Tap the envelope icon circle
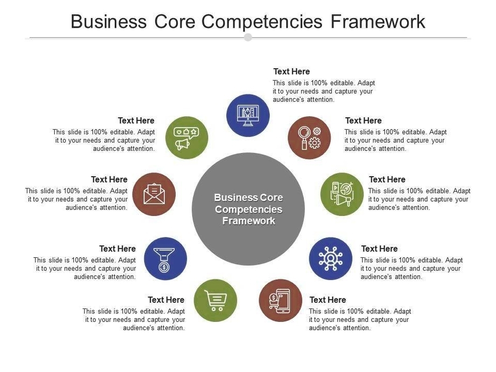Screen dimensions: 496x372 [x=154, y=194]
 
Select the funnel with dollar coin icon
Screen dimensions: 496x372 [x=165, y=259]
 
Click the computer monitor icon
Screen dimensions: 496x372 [x=248, y=115]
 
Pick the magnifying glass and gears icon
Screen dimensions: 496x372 [x=309, y=138]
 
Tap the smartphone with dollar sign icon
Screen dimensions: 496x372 [x=280, y=300]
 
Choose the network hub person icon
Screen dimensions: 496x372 [x=330, y=259]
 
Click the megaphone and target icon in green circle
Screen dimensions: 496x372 [x=342, y=194]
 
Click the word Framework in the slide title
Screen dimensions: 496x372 [x=378, y=22]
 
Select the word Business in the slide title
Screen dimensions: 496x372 [x=109, y=22]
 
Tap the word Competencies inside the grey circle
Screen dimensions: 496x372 [x=248, y=209]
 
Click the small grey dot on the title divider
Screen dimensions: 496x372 [x=248, y=37]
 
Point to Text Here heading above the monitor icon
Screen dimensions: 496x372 [x=291, y=72]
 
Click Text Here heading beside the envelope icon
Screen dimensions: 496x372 [x=109, y=179]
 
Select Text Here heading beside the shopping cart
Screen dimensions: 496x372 [x=166, y=300]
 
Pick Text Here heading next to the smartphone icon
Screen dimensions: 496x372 [x=327, y=300]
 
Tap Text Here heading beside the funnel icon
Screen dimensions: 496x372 [x=117, y=249]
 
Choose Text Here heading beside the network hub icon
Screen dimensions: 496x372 [x=379, y=249]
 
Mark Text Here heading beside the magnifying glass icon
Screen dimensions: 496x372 [x=363, y=121]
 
